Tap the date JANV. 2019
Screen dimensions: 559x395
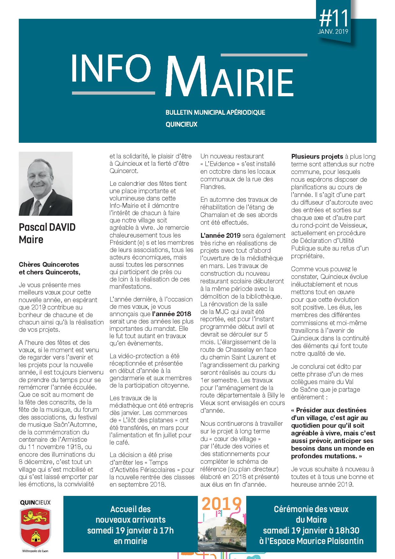point(333,32)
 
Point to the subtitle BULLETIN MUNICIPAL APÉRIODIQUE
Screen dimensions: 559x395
point(215,113)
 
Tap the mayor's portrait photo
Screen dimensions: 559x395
point(46,184)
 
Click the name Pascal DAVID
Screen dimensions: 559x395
point(47,227)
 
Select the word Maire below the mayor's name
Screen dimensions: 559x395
point(31,239)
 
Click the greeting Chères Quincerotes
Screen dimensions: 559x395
point(49,265)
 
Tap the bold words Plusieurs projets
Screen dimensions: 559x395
point(317,156)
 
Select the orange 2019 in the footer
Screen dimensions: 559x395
point(222,504)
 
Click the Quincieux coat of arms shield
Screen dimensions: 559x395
point(35,526)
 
